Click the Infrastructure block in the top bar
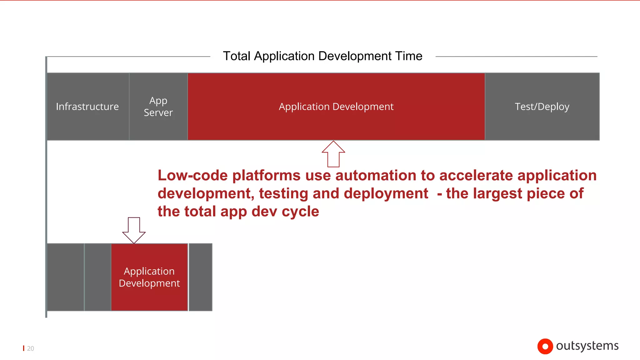pyautogui.click(x=87, y=107)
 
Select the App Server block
pyautogui.click(x=158, y=107)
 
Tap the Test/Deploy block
pyautogui.click(x=542, y=107)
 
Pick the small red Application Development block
pyautogui.click(x=149, y=277)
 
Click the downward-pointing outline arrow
pyautogui.click(x=134, y=230)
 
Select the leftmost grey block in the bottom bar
pyautogui.click(x=65, y=277)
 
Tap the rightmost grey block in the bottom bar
pyautogui.click(x=201, y=277)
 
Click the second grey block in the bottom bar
pyautogui.click(x=97, y=277)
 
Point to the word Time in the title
pyautogui.click(x=409, y=56)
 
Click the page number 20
pyautogui.click(x=30, y=348)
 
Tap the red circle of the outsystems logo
pyautogui.click(x=545, y=346)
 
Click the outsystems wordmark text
pyautogui.click(x=587, y=346)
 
